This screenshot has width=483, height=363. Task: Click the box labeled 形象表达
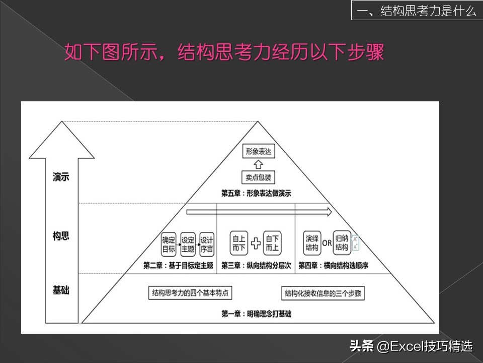click(259, 151)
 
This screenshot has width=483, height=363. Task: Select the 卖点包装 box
click(258, 177)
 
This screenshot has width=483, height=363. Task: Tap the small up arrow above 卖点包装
click(258, 164)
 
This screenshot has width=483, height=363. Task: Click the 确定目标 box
click(169, 244)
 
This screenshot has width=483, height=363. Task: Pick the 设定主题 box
click(188, 244)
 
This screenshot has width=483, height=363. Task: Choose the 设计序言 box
click(207, 244)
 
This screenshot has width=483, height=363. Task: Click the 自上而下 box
click(238, 243)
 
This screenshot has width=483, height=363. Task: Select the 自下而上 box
click(272, 243)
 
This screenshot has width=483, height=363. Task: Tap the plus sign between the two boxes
click(256, 243)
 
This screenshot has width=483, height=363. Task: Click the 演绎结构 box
click(312, 243)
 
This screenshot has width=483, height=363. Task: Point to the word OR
click(327, 243)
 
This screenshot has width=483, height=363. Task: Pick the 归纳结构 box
click(342, 243)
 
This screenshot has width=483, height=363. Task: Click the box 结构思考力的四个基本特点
click(190, 292)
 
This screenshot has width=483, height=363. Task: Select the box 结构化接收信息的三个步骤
click(323, 293)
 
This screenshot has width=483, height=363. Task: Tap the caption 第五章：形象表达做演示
click(256, 194)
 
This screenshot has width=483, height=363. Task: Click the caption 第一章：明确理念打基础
click(256, 314)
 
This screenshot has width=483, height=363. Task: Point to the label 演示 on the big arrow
click(61, 177)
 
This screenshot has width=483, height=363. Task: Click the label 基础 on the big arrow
click(61, 290)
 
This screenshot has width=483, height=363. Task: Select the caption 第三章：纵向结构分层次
click(256, 266)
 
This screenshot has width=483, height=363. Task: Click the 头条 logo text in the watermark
click(362, 346)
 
